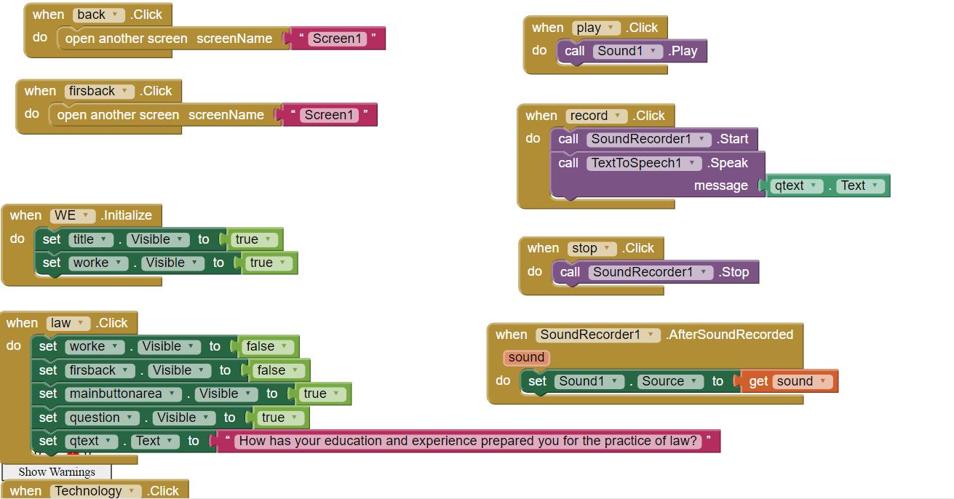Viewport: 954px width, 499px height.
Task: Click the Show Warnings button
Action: tap(56, 472)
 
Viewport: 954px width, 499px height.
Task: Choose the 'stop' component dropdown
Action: tap(592, 248)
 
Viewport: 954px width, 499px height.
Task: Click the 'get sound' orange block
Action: tap(790, 381)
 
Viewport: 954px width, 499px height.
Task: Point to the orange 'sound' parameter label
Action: tap(526, 357)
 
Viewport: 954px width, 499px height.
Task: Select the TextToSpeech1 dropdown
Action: tap(644, 163)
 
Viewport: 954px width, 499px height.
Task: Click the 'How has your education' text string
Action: tap(468, 441)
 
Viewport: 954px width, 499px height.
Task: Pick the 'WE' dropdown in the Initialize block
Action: tap(73, 215)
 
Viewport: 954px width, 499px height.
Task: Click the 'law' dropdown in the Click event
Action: tap(68, 323)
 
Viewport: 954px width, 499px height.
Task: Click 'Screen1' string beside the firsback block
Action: tap(329, 115)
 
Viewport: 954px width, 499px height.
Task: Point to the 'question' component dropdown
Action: tap(101, 418)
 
